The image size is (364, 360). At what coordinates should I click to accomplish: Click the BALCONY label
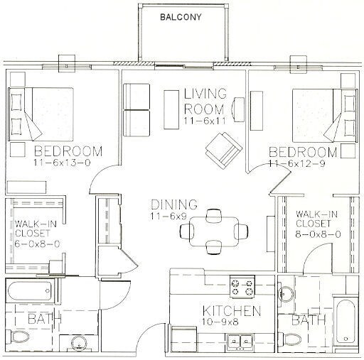(x=181, y=17)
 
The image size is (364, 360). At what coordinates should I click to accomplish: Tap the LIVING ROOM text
(x=205, y=102)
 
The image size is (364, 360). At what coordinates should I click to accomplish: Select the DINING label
(x=174, y=204)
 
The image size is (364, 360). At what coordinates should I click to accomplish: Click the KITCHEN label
(x=232, y=311)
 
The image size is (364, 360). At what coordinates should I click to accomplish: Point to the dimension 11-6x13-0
(x=62, y=163)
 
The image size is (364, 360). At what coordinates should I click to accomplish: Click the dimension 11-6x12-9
(x=296, y=164)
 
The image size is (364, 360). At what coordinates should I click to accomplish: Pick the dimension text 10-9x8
(x=220, y=322)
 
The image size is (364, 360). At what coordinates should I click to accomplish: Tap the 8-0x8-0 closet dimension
(x=318, y=234)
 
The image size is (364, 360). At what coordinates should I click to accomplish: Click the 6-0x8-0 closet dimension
(x=37, y=244)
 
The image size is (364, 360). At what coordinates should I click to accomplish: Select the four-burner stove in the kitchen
(x=242, y=287)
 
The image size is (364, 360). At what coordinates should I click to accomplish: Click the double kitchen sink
(x=240, y=342)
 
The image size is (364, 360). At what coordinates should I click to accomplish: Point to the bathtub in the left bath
(x=30, y=290)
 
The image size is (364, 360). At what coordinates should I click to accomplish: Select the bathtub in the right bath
(x=346, y=321)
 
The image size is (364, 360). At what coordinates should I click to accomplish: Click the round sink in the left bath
(x=79, y=344)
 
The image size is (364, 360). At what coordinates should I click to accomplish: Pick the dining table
(x=214, y=231)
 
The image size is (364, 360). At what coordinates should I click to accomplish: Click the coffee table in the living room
(x=171, y=109)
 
